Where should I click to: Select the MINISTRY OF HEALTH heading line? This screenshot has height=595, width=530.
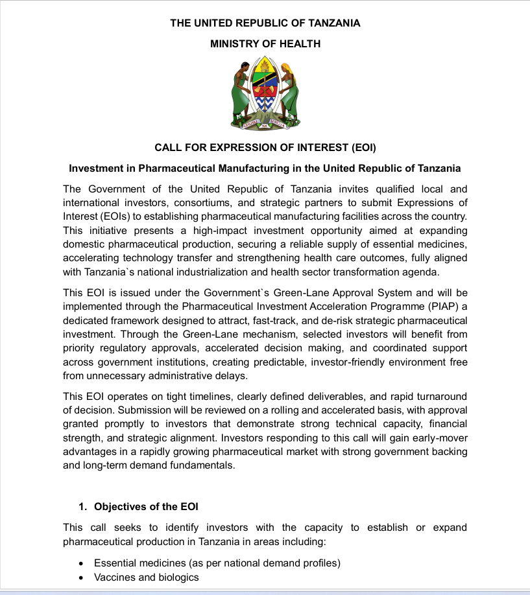point(265,44)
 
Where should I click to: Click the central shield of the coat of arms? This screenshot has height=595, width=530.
point(265,87)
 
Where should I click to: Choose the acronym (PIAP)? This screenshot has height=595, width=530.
point(442,306)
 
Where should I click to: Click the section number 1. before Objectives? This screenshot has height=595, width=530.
point(82,506)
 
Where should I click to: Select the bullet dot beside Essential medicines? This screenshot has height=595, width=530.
point(80,563)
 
